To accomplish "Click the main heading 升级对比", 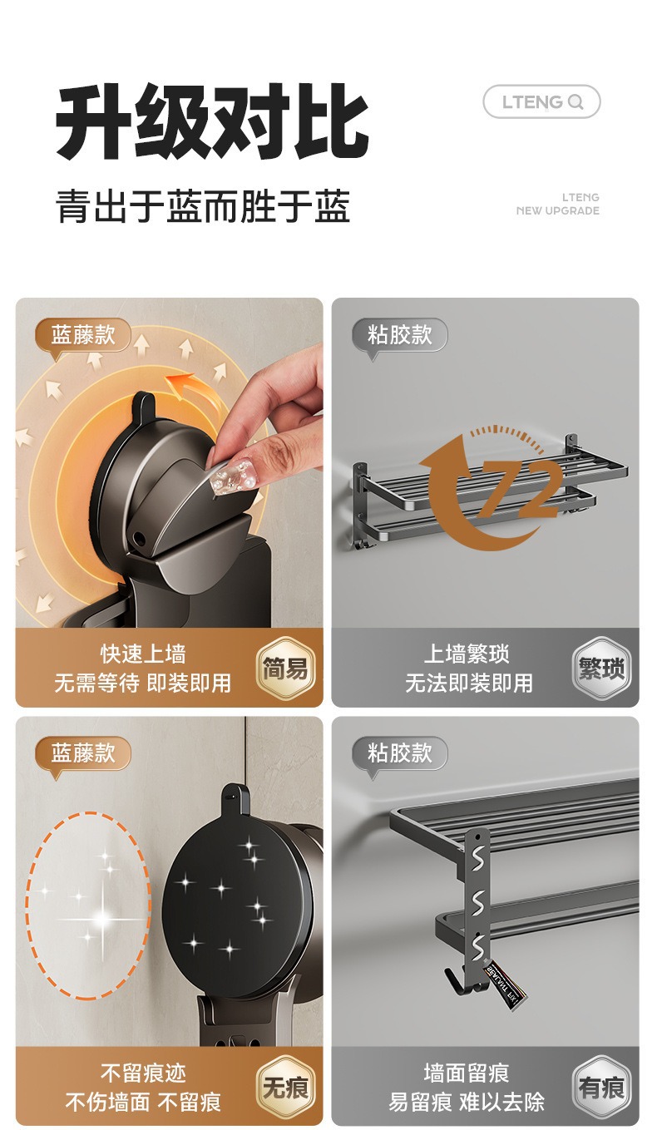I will click(212, 123).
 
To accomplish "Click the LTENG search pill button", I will click(541, 101).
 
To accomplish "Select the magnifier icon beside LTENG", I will click(575, 102).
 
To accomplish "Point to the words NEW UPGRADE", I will click(557, 211).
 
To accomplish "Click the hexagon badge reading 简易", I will click(285, 668).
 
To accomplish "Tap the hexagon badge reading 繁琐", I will click(601, 668).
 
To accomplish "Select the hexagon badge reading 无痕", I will click(285, 1087).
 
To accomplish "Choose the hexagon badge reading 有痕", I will click(601, 1087).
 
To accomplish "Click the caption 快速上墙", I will click(143, 654).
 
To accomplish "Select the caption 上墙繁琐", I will click(467, 654).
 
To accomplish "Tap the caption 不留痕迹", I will click(143, 1073).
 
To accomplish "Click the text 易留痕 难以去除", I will click(467, 1103).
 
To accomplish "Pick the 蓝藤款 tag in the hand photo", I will click(82, 336).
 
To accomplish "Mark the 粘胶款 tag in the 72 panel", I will click(399, 336).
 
